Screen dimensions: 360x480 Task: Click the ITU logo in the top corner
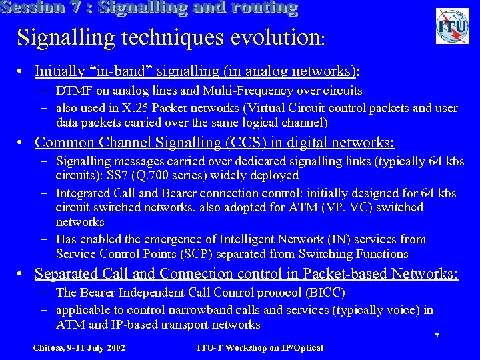pyautogui.click(x=452, y=27)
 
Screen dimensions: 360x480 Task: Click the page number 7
pyautogui.click(x=437, y=337)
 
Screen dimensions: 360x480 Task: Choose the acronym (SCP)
pyautogui.click(x=213, y=254)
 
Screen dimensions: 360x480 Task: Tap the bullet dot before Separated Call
pyautogui.click(x=23, y=274)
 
